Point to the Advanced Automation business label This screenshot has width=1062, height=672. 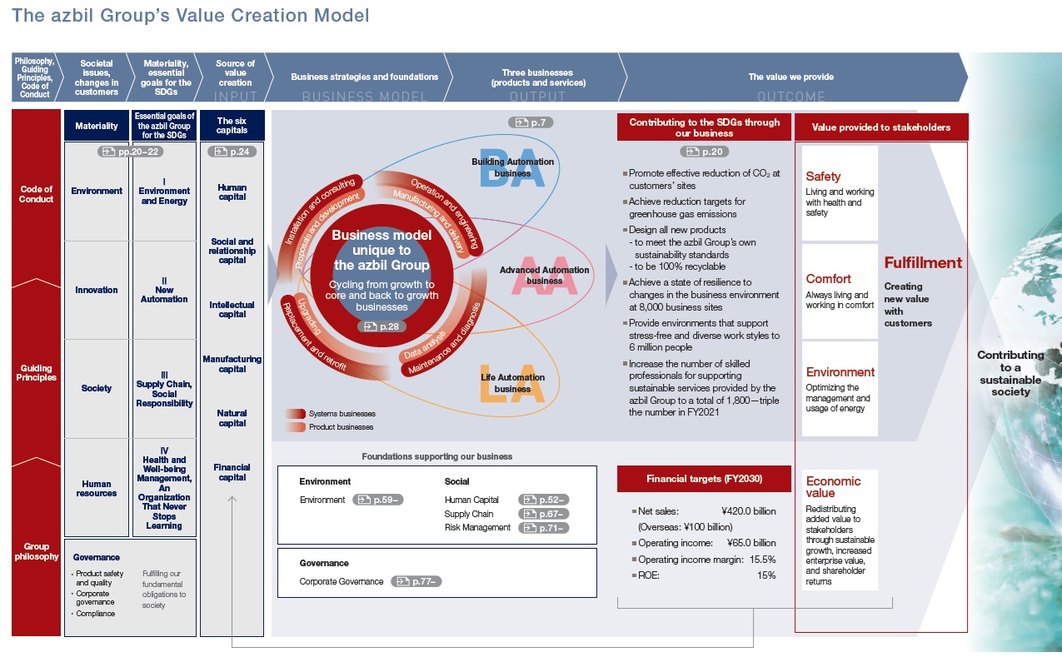tap(544, 276)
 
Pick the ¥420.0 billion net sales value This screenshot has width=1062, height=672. tap(748, 511)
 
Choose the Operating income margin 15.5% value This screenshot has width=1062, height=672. tap(763, 560)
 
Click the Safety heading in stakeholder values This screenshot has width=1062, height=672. tap(823, 177)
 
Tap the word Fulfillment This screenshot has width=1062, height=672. tap(923, 263)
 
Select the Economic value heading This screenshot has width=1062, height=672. tap(833, 487)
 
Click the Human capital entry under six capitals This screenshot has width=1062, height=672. tap(232, 192)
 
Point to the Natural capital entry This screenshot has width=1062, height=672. tap(232, 418)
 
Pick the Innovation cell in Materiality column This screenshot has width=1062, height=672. tap(97, 290)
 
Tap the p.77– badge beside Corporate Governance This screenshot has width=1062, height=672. tap(416, 581)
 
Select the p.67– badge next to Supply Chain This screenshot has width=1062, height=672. tap(543, 514)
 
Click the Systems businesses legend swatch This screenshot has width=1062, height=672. tap(295, 414)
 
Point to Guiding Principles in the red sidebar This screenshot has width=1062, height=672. tap(36, 372)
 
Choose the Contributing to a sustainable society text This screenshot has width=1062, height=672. tap(1010, 373)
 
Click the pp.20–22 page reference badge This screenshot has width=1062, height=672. tap(132, 152)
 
